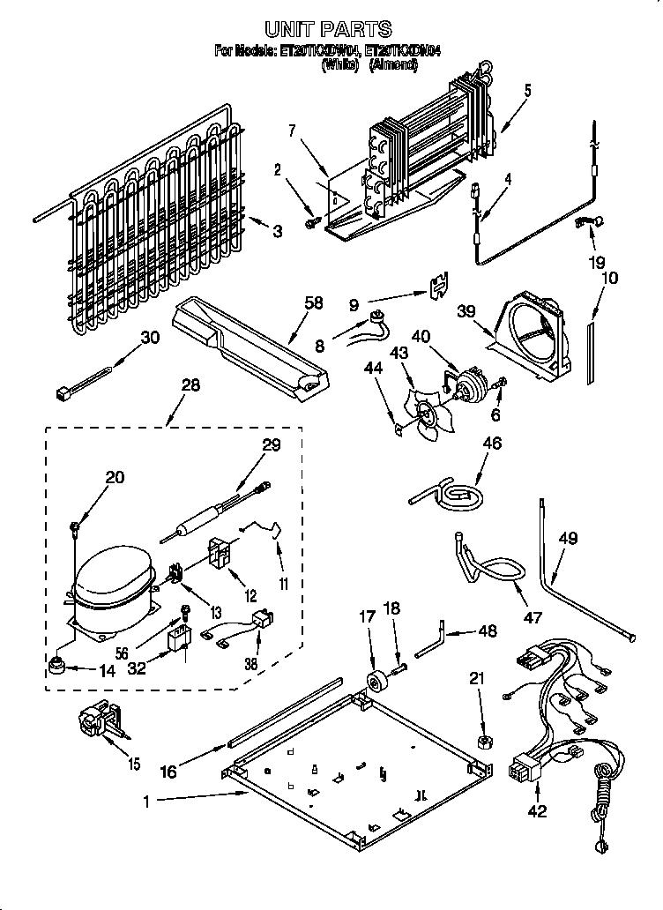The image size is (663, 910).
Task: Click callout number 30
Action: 151,337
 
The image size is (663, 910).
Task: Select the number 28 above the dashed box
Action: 188,384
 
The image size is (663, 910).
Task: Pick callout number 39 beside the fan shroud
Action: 466,312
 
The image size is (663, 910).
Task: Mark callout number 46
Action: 492,444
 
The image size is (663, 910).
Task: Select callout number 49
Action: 568,538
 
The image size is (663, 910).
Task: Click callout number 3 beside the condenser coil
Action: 277,232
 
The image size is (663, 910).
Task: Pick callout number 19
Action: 597,261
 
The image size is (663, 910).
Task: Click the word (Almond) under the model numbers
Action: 392,66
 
